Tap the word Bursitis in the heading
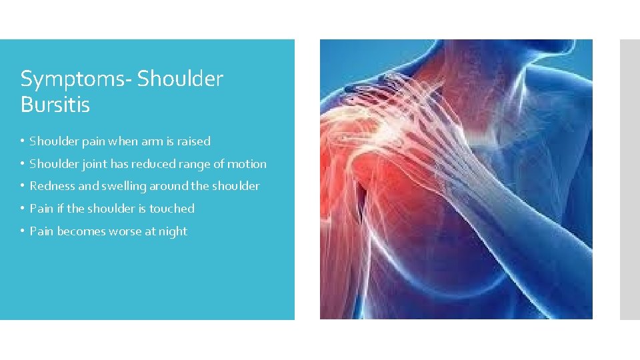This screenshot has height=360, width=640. pos(55,105)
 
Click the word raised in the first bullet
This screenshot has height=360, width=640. pos(194,141)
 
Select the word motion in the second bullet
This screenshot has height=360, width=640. pos(247,164)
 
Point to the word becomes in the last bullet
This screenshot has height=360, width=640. pos(81,231)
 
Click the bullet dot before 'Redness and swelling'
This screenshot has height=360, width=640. pos(23,187)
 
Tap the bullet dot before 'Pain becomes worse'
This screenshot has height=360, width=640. pos(23,232)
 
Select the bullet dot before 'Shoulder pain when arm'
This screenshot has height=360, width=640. pos(23,142)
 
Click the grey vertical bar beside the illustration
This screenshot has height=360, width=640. pos(629,179)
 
